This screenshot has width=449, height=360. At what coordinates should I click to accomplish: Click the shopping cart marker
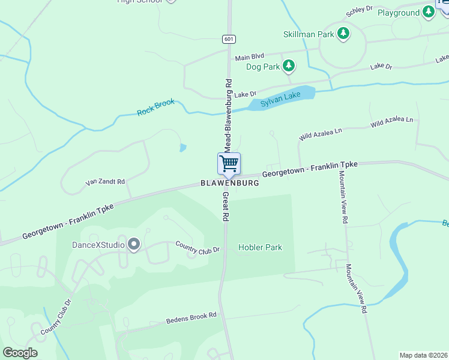(229, 164)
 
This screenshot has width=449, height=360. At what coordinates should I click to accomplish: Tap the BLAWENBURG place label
(230, 183)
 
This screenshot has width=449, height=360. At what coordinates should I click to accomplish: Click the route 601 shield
(228, 39)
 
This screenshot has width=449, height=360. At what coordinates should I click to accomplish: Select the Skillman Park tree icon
(343, 34)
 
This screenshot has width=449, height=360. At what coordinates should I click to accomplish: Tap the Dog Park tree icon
(289, 66)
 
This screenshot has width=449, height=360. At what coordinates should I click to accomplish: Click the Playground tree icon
(428, 13)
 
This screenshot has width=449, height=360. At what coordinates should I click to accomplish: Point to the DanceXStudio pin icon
(133, 244)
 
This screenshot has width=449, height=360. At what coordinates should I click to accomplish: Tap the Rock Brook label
(155, 107)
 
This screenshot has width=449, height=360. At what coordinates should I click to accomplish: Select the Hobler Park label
(260, 247)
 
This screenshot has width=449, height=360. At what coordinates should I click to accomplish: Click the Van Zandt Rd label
(105, 181)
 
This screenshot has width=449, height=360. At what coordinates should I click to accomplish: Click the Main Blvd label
(250, 58)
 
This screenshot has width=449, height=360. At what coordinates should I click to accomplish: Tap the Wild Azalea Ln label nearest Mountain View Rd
(392, 122)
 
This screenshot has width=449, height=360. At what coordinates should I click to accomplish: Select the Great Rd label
(226, 207)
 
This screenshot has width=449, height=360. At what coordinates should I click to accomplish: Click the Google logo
(20, 353)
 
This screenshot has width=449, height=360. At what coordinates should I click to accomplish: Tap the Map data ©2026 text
(423, 355)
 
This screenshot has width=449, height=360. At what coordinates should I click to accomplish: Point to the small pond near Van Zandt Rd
(182, 148)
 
